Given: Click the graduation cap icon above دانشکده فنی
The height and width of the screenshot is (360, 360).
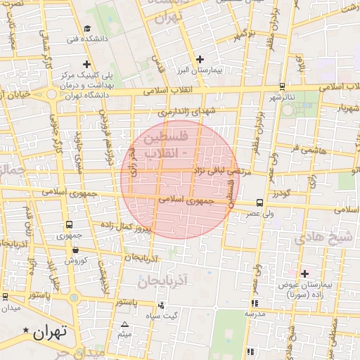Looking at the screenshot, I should [x=87, y=29].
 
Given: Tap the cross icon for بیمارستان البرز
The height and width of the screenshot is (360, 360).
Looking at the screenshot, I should [x=200, y=59].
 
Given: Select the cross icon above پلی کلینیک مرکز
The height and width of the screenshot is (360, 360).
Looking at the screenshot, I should [x=86, y=65].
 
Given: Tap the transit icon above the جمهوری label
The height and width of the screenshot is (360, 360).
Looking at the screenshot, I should [x=69, y=224].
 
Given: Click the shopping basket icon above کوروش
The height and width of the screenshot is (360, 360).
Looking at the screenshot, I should [x=75, y=249].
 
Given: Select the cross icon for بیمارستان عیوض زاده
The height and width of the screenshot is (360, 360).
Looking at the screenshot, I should [x=304, y=273].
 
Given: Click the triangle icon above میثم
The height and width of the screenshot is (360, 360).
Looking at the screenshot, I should [x=124, y=324].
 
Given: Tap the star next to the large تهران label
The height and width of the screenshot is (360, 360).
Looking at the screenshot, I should [x=27, y=330].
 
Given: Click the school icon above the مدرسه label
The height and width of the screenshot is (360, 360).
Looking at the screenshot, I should [x=254, y=303].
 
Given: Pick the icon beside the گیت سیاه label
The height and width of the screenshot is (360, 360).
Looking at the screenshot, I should [x=162, y=305].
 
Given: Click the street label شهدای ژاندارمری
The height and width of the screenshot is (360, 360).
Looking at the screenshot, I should [x=184, y=110].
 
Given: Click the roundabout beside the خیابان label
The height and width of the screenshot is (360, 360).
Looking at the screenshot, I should [x=51, y=94].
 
